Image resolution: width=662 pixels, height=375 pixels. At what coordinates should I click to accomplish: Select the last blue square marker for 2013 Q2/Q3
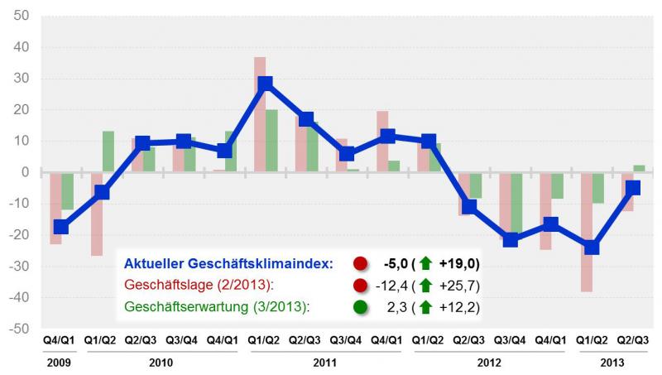[x=632, y=188]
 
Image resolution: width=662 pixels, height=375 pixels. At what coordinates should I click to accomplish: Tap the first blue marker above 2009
[x=60, y=227]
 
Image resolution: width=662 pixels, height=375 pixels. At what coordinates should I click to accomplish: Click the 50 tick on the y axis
[x=22, y=17]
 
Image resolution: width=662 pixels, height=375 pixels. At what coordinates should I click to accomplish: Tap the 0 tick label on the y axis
[x=26, y=172]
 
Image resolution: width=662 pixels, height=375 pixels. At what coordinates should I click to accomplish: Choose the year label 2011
[x=325, y=362]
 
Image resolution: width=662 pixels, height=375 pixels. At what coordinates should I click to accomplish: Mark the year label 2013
[x=612, y=362]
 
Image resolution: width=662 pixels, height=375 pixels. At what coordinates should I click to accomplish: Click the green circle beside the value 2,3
[x=360, y=307]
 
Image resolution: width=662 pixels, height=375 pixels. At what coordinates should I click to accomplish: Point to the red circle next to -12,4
[x=360, y=286]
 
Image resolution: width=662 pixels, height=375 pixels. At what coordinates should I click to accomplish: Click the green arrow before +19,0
[x=425, y=264]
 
